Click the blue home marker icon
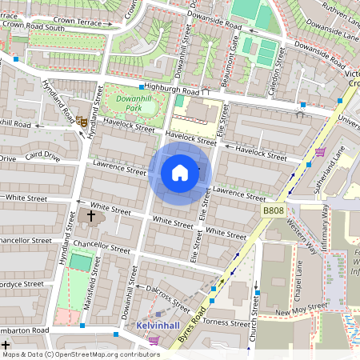point(180,173)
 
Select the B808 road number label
point(273,210)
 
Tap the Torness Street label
point(226,322)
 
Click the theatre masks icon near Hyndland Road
point(81,121)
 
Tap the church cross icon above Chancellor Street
point(90,215)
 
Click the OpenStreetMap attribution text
point(80,354)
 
